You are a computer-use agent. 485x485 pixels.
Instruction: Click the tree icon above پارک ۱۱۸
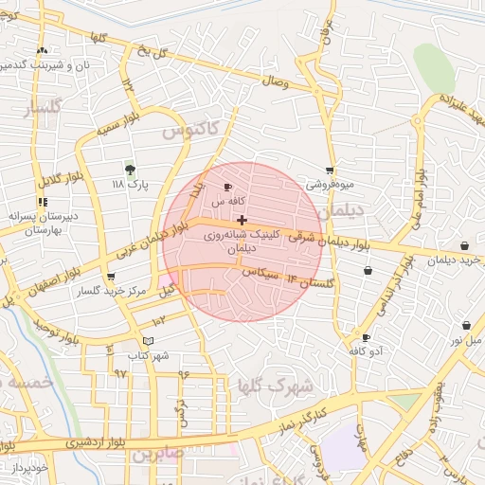coord(130,170)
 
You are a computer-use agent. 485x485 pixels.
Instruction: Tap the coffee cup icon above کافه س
coord(227,188)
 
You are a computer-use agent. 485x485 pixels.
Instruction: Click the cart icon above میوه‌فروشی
coord(330,171)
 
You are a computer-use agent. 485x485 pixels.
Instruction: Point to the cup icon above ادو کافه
coord(366,337)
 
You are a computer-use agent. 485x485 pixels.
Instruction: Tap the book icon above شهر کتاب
coord(146,341)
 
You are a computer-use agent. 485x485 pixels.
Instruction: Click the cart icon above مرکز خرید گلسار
coord(112,277)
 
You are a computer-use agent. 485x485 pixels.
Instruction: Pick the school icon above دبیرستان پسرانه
coord(42,202)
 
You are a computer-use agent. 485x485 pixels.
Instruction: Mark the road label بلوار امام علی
coord(418,199)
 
